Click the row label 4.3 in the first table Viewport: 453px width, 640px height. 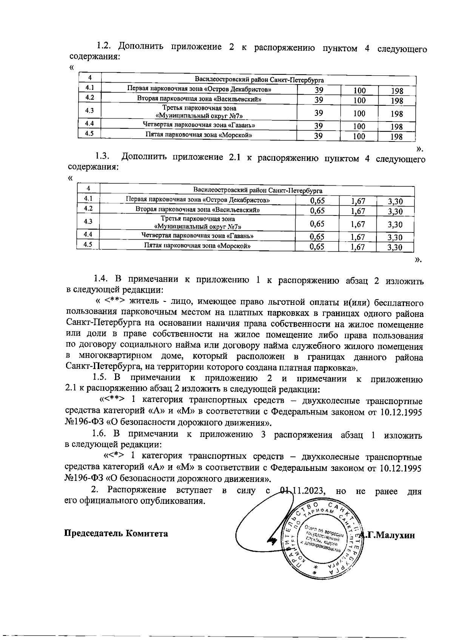pyautogui.click(x=89, y=111)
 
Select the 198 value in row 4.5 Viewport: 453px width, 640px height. pyautogui.click(x=396, y=137)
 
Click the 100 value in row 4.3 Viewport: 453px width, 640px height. pyautogui.click(x=359, y=113)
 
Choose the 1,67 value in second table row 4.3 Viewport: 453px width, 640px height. pyautogui.click(x=357, y=225)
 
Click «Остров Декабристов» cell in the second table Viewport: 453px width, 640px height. pyautogui.click(x=198, y=200)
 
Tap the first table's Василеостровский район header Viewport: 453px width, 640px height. pyautogui.click(x=259, y=80)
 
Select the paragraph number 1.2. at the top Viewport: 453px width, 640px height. pyautogui.click(x=104, y=46)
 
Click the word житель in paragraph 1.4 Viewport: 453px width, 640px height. pyautogui.click(x=144, y=302)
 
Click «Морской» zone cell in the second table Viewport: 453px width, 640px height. pyautogui.click(x=198, y=246)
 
